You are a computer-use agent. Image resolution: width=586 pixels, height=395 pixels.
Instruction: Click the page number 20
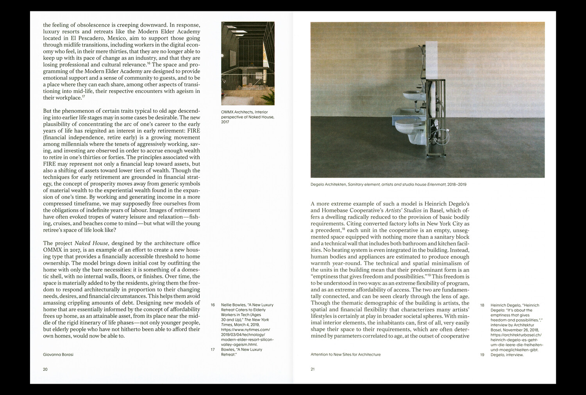tap(45, 369)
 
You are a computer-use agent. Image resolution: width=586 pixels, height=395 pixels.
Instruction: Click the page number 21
tap(313, 369)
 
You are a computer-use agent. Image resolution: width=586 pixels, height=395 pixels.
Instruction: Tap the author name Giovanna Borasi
tap(58, 354)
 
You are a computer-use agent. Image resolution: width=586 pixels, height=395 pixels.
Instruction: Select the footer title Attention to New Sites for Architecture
tap(345, 354)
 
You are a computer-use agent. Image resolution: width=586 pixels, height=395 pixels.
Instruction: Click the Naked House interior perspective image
tap(248, 63)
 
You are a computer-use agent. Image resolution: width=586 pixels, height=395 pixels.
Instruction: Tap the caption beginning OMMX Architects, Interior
tap(247, 117)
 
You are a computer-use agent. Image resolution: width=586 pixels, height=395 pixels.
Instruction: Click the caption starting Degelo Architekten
tap(388, 185)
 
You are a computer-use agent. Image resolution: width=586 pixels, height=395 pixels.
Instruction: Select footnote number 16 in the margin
tap(213, 305)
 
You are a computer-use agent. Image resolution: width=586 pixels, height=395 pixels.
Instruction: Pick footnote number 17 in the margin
tap(213, 349)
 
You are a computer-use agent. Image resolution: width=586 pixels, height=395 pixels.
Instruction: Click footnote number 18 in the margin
tap(482, 305)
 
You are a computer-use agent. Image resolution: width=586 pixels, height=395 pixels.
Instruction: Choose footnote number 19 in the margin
tap(482, 355)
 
